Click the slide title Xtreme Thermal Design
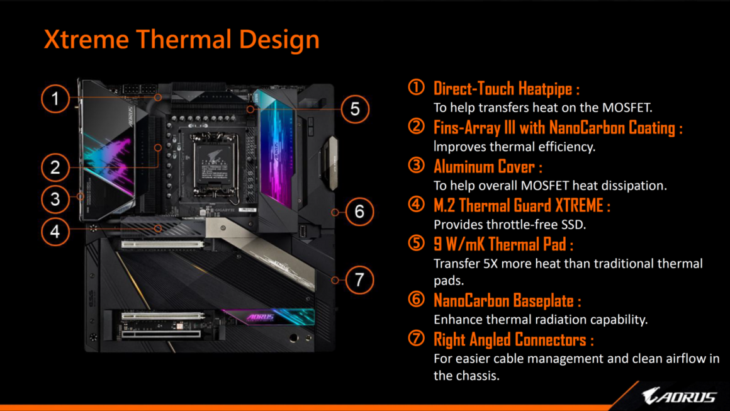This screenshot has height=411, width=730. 181,39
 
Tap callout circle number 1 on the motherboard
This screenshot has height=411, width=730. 55,98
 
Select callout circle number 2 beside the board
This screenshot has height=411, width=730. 55,167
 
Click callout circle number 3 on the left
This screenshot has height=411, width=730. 55,200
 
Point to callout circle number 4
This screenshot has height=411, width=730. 55,232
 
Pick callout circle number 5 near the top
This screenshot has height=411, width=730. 355,109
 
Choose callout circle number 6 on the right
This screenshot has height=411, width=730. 359,211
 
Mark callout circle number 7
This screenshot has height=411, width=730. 359,279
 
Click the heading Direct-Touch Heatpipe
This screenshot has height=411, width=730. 506,88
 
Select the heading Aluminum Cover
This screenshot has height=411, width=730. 487,167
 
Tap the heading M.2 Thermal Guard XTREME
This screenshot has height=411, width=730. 521,205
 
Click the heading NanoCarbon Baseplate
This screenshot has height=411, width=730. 507,300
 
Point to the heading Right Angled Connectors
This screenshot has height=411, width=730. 513,340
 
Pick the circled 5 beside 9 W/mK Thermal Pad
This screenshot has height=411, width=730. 416,244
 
